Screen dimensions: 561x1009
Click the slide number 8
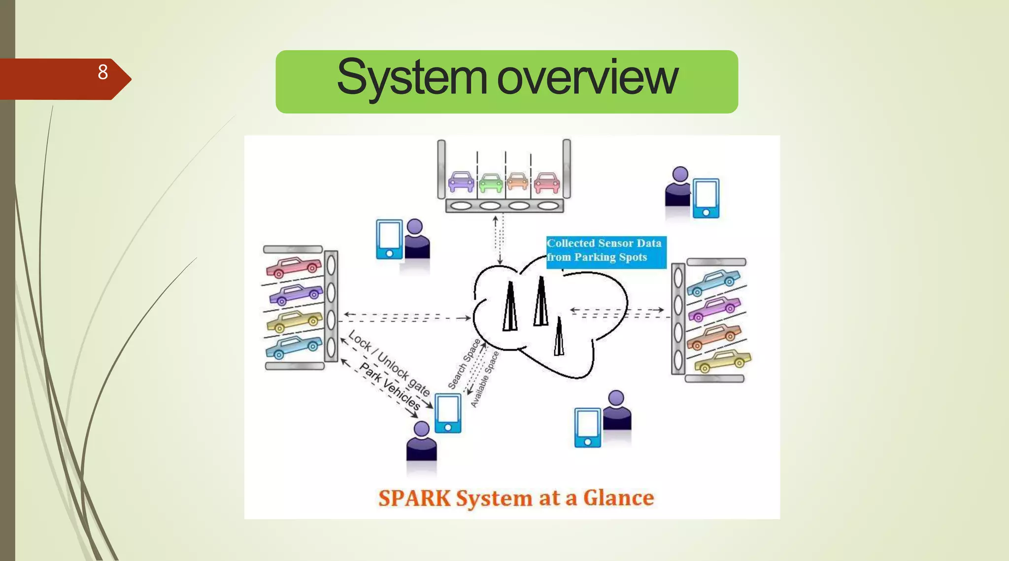(102, 72)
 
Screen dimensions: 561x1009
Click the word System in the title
(411, 78)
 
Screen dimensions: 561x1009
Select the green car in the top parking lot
(491, 182)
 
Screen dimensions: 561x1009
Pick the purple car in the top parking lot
(461, 181)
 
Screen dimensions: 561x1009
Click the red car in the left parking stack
(294, 267)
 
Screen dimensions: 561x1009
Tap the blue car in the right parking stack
(713, 282)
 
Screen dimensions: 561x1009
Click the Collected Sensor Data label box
(605, 251)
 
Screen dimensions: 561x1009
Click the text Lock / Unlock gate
(389, 362)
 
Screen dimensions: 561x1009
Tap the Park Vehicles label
(390, 386)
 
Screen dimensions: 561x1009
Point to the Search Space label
(464, 364)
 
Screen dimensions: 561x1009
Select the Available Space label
(485, 380)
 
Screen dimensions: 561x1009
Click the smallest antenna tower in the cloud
(559, 338)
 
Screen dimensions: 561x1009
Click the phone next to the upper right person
(706, 198)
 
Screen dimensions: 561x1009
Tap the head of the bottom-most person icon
(421, 428)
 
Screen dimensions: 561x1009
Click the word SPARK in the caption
(414, 498)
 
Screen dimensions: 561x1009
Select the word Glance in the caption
(618, 498)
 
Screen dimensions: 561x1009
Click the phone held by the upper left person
(389, 239)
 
